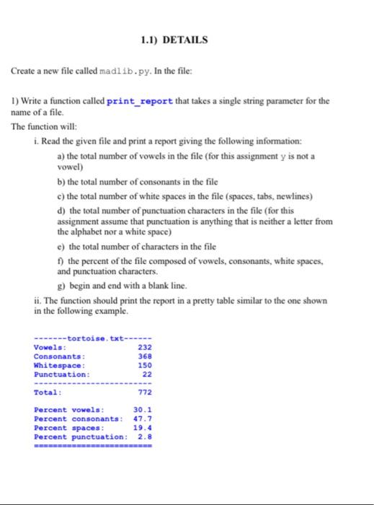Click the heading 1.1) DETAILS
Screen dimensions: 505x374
pos(175,40)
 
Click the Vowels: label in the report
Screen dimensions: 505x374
pos(50,347)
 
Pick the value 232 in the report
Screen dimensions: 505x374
pos(144,347)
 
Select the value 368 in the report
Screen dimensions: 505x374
pos(144,356)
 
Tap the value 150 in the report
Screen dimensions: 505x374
pos(144,365)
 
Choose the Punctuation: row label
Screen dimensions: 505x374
pos(62,374)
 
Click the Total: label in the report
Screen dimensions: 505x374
pos(48,393)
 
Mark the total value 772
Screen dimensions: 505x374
pos(144,393)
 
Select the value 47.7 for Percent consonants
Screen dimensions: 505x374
pos(142,419)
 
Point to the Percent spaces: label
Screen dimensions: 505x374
pos(70,428)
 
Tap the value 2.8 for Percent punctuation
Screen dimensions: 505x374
pos(144,436)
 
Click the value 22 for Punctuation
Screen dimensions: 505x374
pos(147,374)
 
